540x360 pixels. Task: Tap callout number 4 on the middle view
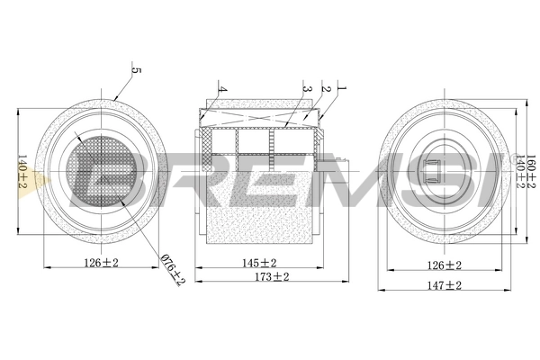coord(221,90)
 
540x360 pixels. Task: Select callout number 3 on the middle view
coord(307,89)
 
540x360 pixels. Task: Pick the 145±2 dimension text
coord(259,264)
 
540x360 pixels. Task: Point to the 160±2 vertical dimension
coord(531,171)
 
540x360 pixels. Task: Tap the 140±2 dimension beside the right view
coord(519,171)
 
